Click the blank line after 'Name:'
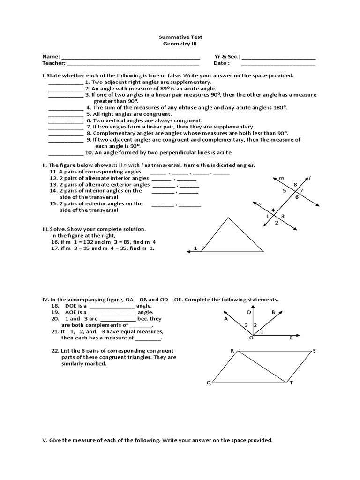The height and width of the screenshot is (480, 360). [x=131, y=58]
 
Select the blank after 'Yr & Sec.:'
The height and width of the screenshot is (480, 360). [x=278, y=58]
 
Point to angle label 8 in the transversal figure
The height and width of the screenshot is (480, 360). [x=295, y=185]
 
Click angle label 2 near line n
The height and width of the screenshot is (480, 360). [x=277, y=223]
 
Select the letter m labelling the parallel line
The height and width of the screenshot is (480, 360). [x=281, y=179]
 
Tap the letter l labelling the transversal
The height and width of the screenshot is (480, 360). [x=310, y=178]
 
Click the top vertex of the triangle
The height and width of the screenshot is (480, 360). [x=228, y=217]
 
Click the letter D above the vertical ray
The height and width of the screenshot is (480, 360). [x=249, y=312]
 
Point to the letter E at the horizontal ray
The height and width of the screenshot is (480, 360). [x=291, y=337]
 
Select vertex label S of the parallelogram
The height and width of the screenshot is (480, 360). [x=314, y=351]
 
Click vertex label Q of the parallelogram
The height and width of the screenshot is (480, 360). [x=209, y=383]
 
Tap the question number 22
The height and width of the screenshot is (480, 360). [x=54, y=351]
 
